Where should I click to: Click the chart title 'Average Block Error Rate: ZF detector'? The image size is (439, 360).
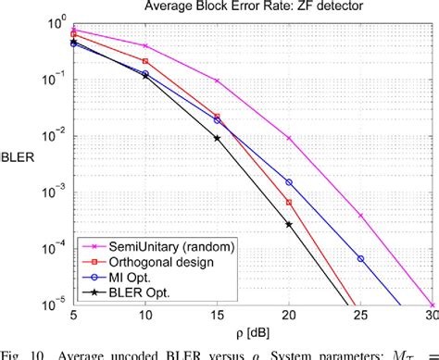pyautogui.click(x=252, y=7)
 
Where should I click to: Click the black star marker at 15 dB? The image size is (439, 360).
pyautogui.click(x=217, y=138)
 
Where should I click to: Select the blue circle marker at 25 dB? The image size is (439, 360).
pyautogui.click(x=361, y=258)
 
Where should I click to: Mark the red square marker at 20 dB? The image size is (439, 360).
pyautogui.click(x=289, y=202)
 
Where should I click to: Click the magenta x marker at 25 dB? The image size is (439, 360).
pyautogui.click(x=361, y=216)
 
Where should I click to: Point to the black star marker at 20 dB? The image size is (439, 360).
pyautogui.click(x=289, y=224)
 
